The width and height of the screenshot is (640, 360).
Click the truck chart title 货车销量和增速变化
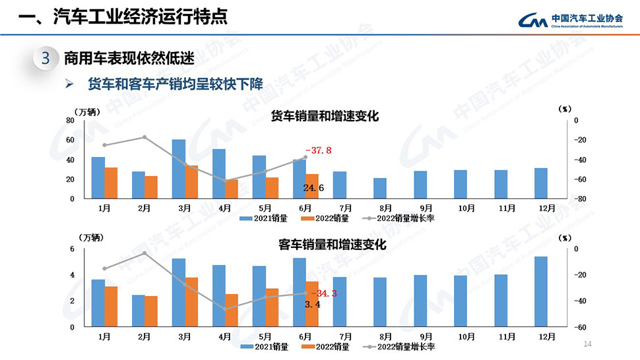point(325,116)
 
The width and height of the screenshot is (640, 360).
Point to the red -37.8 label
point(318,150)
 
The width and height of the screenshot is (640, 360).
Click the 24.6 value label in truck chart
point(313,189)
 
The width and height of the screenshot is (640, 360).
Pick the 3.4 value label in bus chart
point(313,305)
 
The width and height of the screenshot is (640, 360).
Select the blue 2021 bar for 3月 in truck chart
point(178,169)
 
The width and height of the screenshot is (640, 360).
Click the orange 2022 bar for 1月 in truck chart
point(111,183)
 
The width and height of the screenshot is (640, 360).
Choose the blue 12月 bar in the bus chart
point(540,291)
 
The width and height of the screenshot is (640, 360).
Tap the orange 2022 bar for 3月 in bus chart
point(192,302)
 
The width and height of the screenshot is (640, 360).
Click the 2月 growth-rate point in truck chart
point(144,137)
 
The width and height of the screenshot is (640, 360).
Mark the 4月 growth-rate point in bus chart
point(225,309)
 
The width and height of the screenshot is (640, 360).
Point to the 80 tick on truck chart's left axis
point(70,121)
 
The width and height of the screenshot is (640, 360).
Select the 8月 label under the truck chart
point(386,208)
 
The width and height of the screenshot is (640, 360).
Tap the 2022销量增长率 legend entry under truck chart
point(402,218)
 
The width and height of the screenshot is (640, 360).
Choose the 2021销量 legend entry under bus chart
point(264,346)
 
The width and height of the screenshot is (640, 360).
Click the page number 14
point(589,344)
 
